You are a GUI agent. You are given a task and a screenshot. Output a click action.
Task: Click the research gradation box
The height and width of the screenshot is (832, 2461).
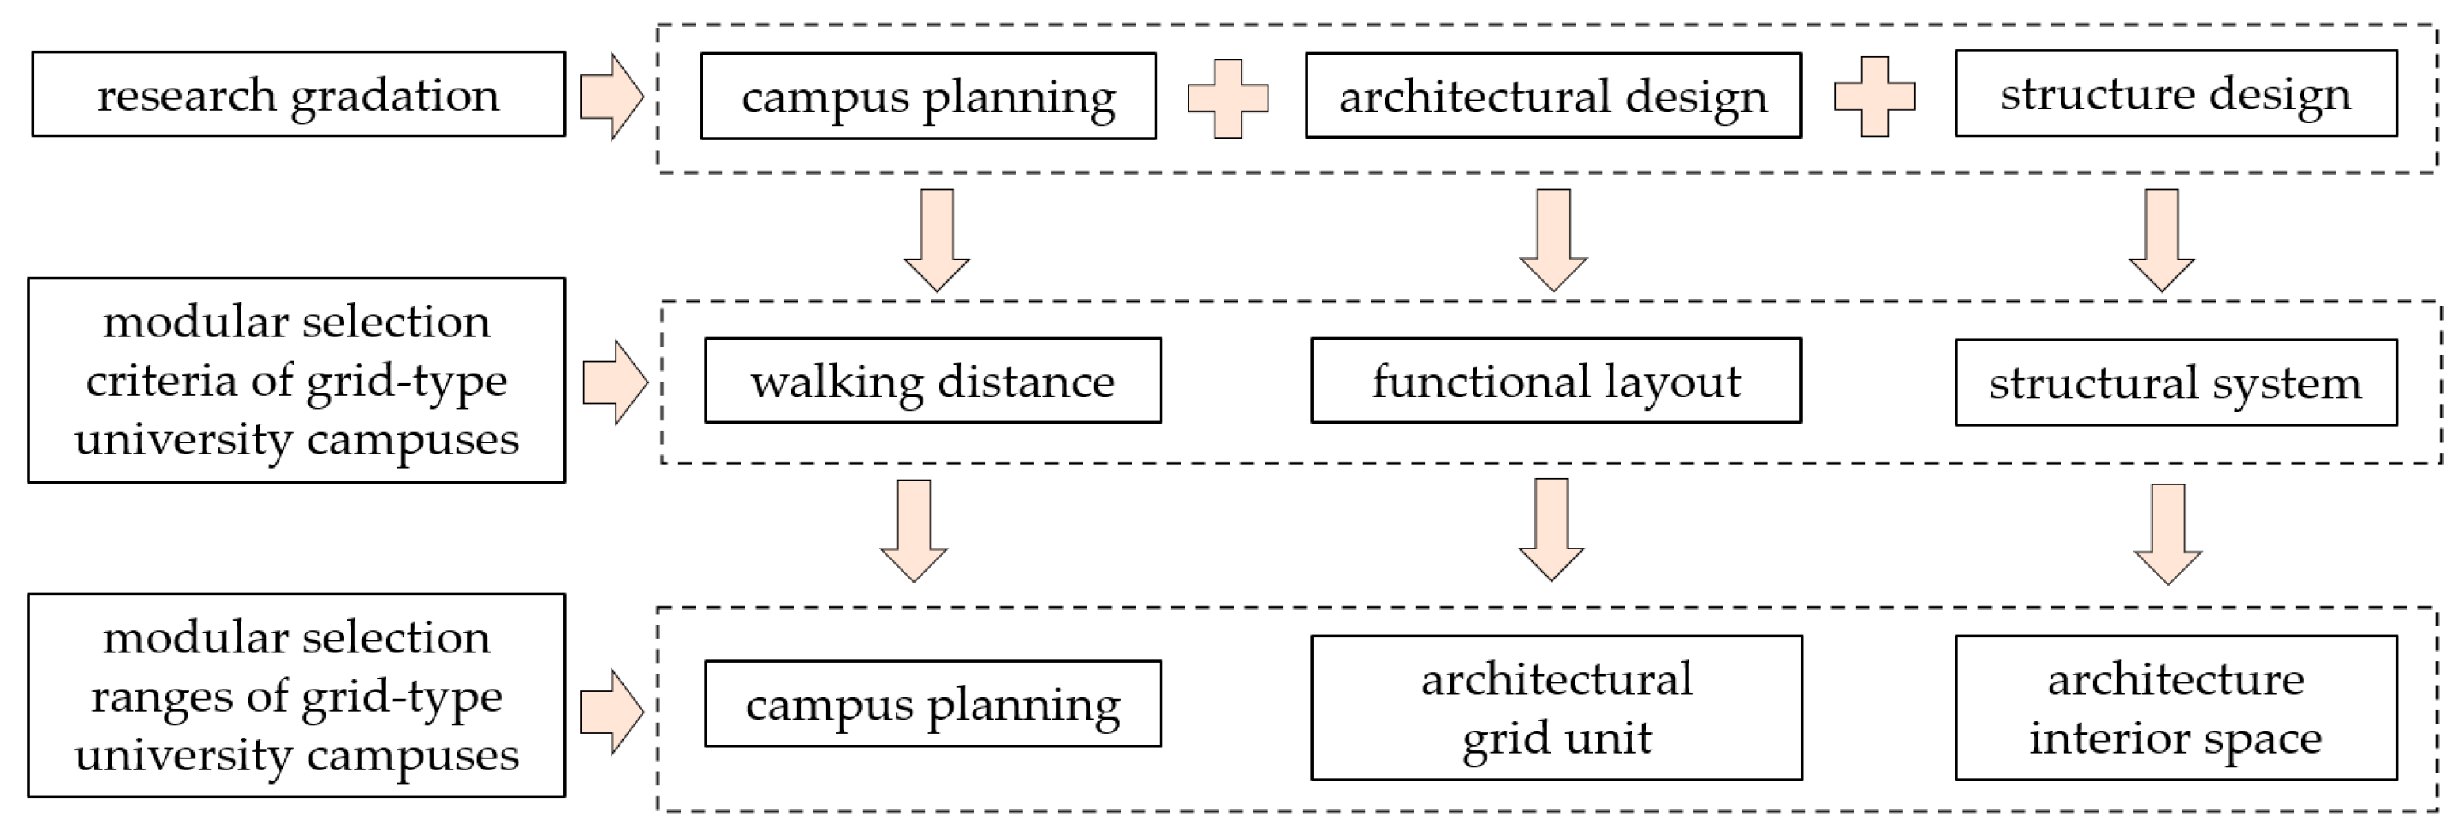298,94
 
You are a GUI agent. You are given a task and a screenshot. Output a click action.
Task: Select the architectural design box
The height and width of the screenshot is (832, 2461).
1553,96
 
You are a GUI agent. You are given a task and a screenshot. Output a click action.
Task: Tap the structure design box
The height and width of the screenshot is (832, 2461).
2175,93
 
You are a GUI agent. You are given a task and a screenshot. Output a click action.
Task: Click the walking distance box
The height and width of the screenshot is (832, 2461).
932,380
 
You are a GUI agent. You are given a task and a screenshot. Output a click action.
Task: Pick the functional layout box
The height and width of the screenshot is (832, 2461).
1555,380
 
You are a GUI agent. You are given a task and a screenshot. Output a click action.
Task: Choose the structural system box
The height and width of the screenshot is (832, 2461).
2175,382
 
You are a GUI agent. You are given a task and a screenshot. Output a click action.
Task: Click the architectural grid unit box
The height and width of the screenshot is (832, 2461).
1557,708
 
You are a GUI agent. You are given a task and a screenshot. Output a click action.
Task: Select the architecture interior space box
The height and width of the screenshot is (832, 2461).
2175,708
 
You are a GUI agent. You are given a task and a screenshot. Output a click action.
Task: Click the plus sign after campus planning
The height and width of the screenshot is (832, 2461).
1227,98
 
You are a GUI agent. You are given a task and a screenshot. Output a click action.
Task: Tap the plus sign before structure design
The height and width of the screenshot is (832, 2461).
1875,97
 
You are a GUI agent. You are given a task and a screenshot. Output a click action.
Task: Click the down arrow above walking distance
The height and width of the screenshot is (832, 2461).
936,239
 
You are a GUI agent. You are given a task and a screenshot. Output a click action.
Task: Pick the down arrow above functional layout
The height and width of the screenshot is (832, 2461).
1553,239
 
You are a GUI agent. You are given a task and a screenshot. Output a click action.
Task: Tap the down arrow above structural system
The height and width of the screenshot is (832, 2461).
2162,239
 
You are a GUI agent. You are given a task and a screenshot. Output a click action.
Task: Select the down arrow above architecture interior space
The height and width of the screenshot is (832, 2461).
2167,533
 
